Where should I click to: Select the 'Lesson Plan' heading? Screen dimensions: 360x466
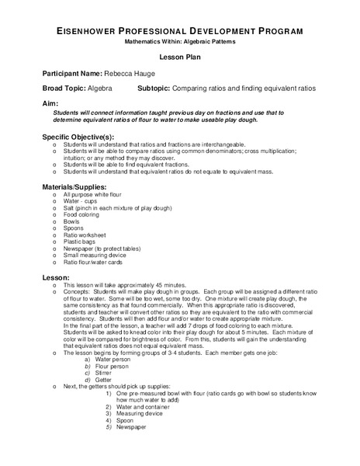[180, 56]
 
